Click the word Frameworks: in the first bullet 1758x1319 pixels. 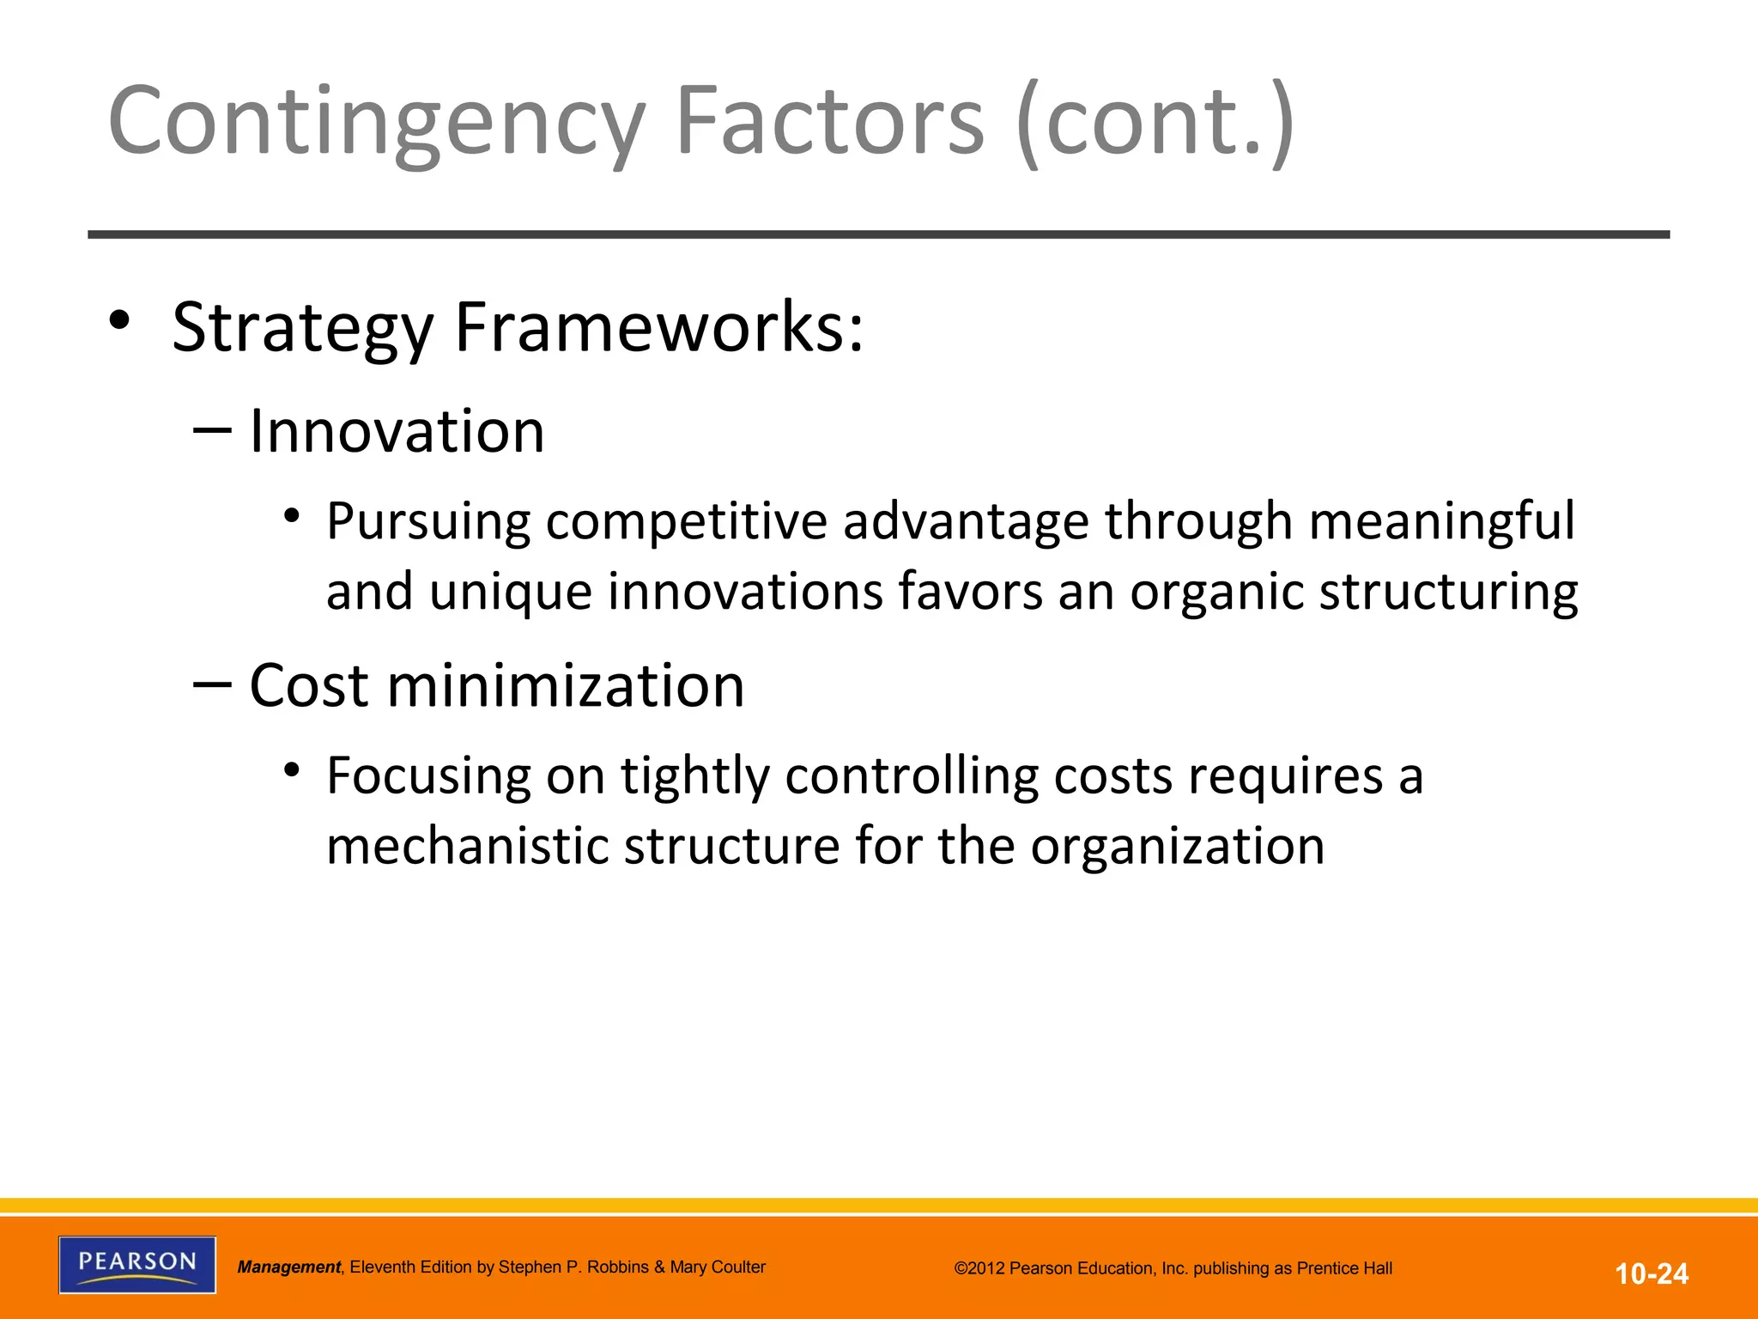click(658, 328)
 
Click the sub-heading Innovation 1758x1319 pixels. click(397, 431)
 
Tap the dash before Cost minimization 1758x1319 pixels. click(212, 684)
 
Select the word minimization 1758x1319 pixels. click(566, 686)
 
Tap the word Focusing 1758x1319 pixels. click(428, 776)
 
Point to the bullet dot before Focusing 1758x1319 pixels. click(293, 769)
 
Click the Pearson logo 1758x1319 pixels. click(137, 1264)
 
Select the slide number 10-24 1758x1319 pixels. click(1652, 1273)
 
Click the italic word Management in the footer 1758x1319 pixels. click(289, 1267)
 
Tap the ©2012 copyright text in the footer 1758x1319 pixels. click(1173, 1268)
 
